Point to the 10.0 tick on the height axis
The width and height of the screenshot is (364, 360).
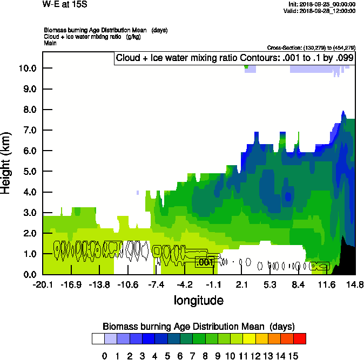click(28, 69)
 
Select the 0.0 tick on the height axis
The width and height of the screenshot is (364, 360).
click(28, 275)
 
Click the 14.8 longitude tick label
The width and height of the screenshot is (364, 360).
click(354, 284)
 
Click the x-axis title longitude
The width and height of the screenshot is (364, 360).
click(198, 300)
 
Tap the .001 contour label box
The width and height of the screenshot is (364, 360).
click(205, 262)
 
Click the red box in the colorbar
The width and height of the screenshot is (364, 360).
click(300, 338)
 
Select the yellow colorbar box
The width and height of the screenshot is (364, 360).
click(248, 338)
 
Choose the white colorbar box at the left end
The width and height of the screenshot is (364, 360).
click(98, 338)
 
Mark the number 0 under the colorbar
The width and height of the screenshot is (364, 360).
click(105, 356)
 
